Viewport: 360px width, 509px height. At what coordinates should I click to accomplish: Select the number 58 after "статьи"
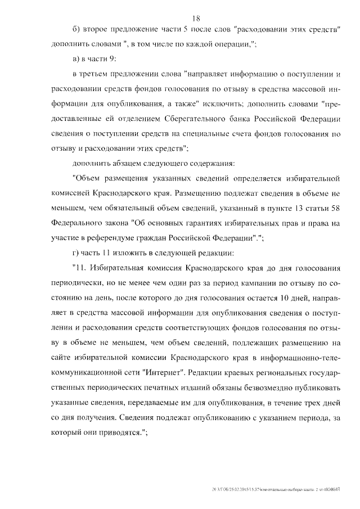click(336, 208)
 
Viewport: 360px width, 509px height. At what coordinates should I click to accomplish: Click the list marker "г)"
click(77, 252)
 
